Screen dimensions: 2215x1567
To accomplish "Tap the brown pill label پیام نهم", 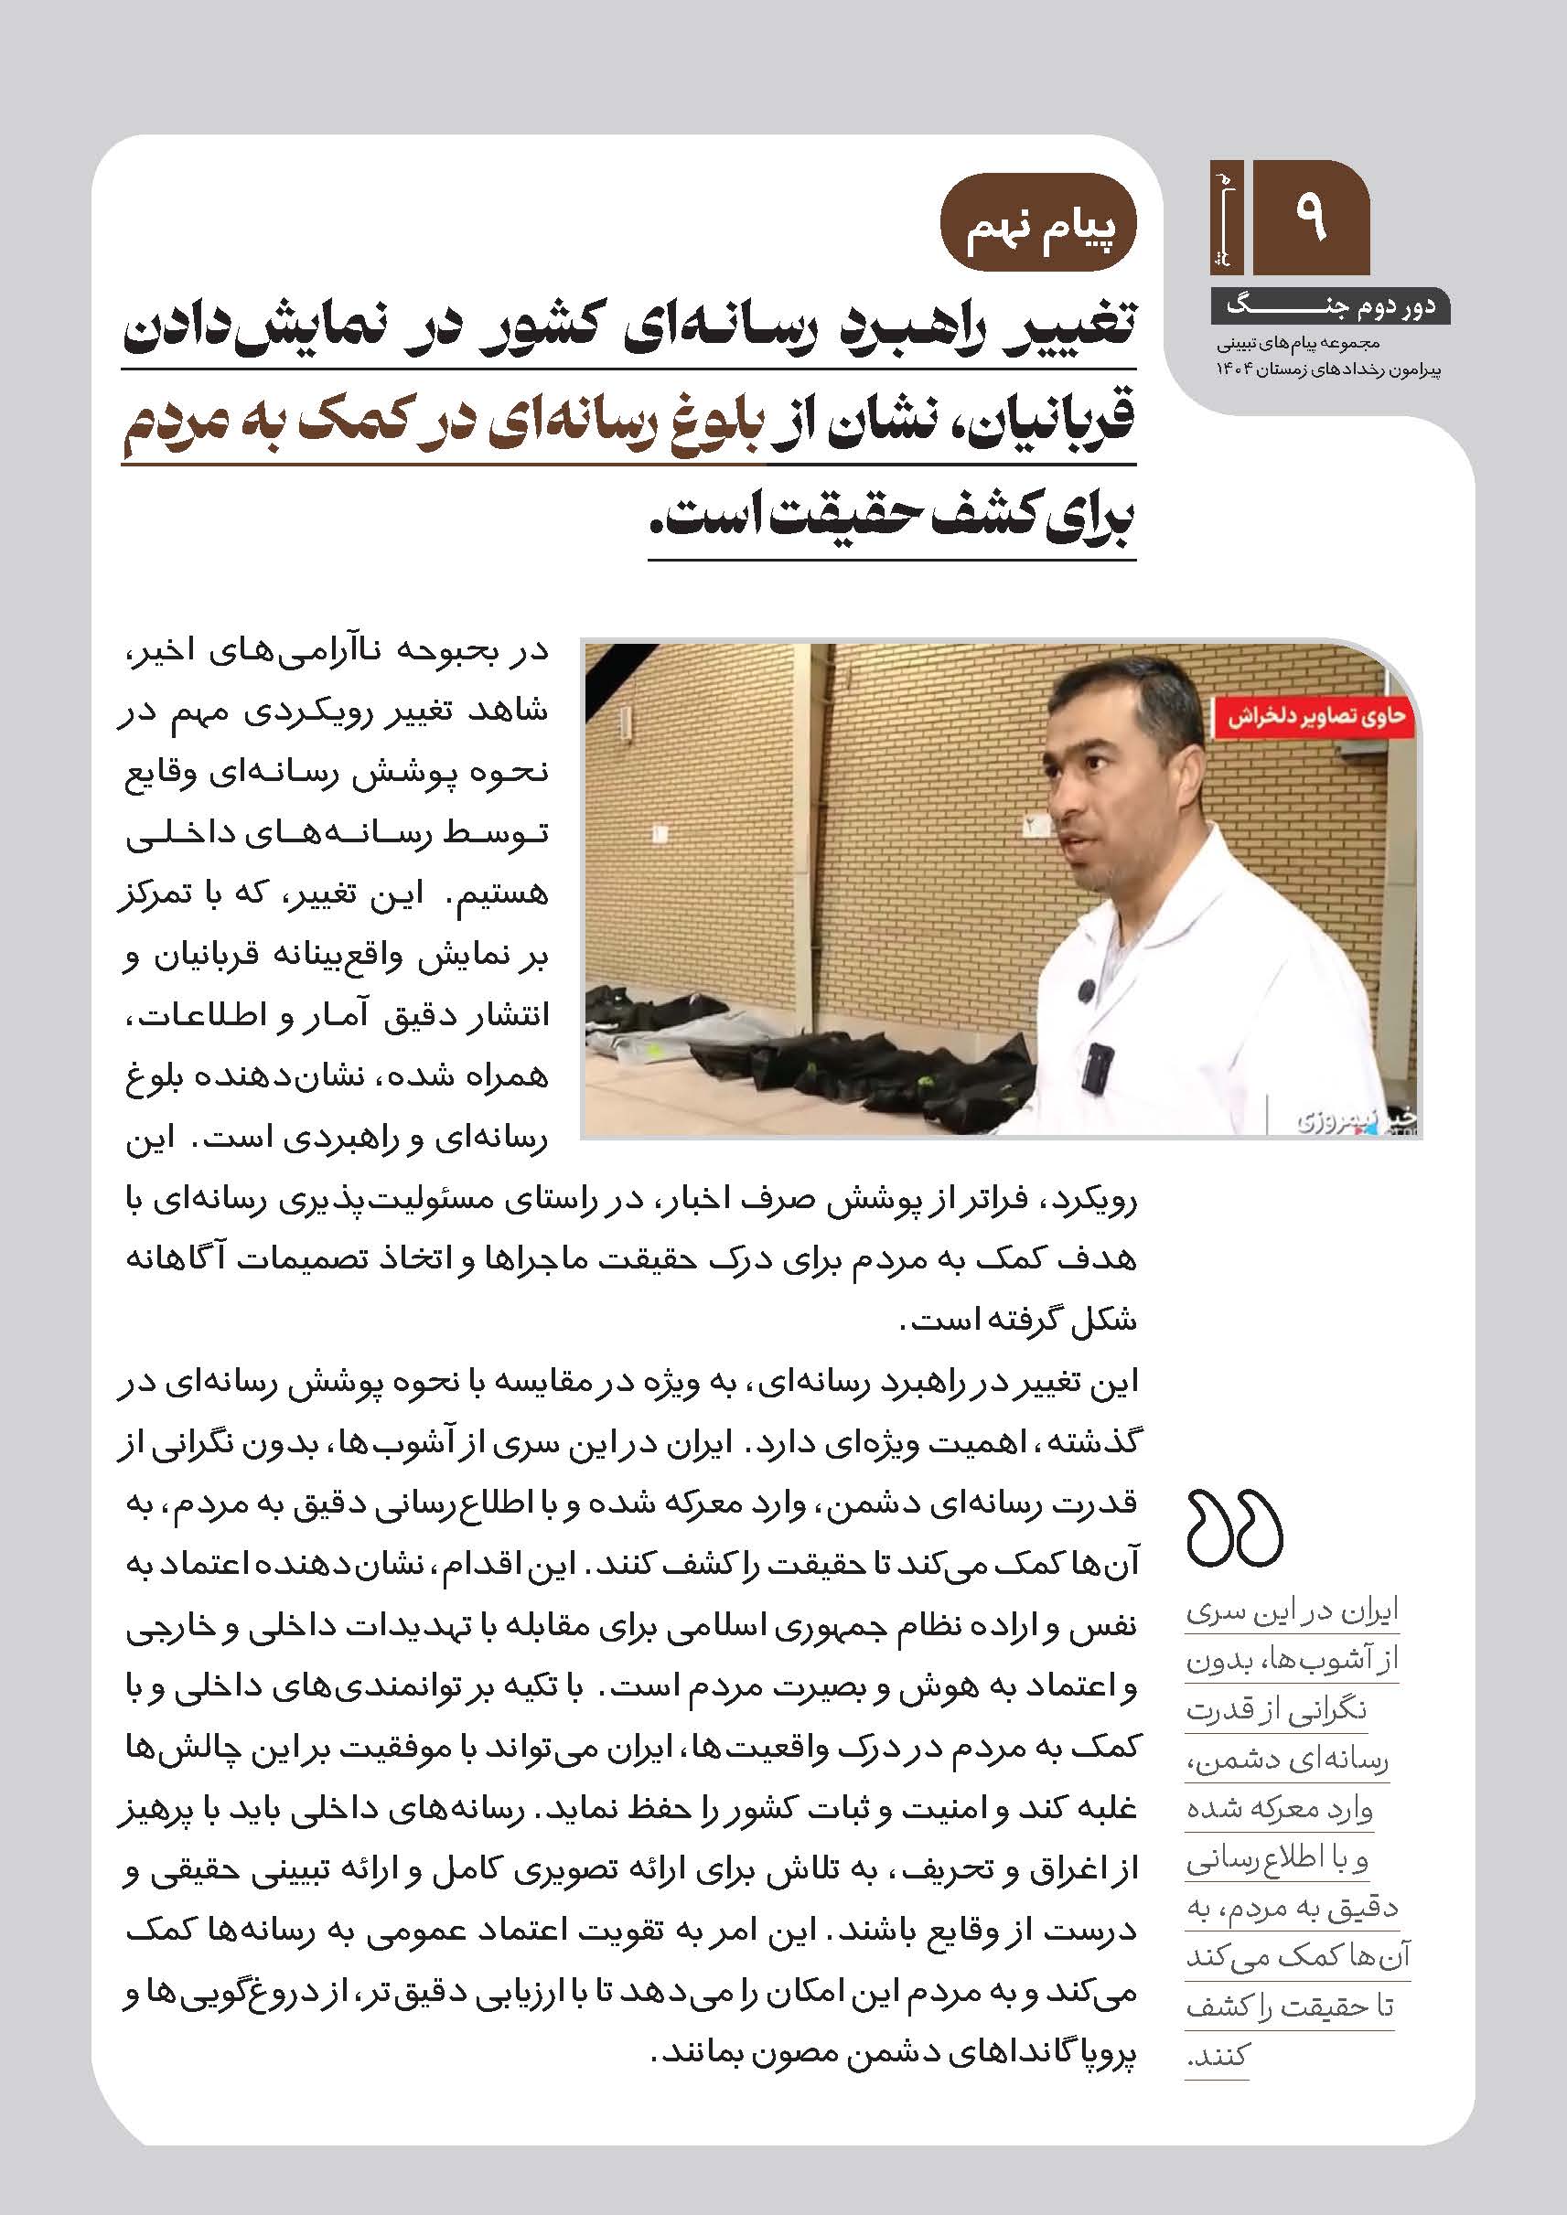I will pyautogui.click(x=1040, y=223).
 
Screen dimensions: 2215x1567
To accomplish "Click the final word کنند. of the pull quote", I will pyautogui.click(x=1218, y=2056).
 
